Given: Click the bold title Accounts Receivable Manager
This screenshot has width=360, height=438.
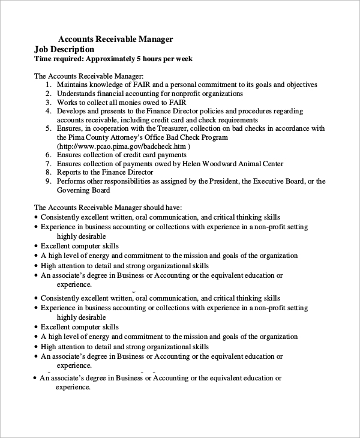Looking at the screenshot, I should pos(115,39).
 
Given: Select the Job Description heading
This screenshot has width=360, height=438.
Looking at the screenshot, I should pos(64,49).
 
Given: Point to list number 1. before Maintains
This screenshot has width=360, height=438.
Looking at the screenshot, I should pos(48,85).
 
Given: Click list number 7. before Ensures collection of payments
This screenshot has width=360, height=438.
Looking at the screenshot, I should pos(48,164).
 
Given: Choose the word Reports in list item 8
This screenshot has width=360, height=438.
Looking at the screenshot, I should pos(70,172).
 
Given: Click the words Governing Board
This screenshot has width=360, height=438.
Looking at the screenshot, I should pos(83,190).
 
